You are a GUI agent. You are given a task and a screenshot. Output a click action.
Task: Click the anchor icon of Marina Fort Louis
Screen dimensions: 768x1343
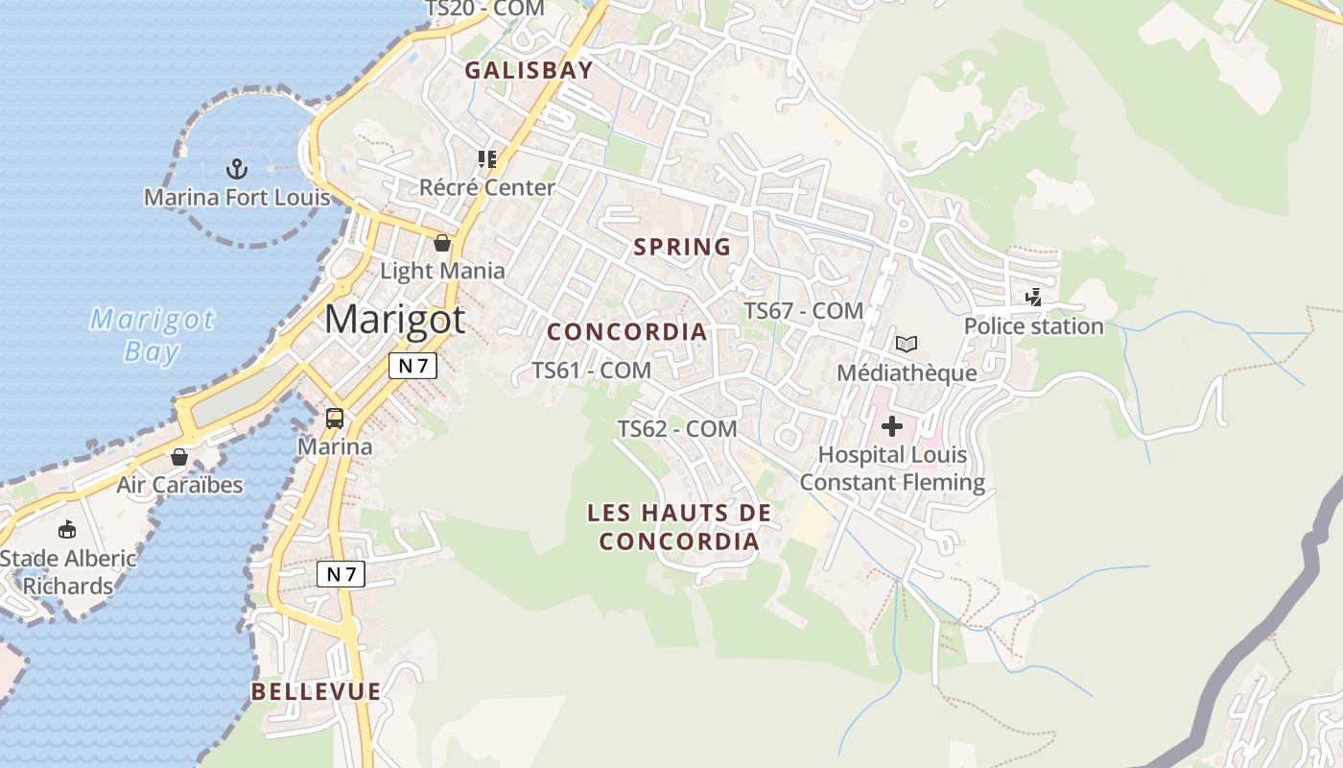[x=236, y=170]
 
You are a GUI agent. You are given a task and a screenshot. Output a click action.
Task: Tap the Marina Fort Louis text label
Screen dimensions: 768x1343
[x=237, y=198]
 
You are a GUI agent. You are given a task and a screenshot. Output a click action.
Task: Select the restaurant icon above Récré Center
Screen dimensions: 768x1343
[x=487, y=159]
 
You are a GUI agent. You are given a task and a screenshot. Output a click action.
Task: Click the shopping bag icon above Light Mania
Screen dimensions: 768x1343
[x=442, y=243]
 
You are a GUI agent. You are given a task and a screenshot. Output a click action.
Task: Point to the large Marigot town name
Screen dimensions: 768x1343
[x=394, y=320]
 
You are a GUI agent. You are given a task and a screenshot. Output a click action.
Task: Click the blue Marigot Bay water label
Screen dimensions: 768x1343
[x=153, y=335]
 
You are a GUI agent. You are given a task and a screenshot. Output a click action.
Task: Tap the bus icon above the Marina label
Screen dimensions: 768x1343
[x=335, y=419]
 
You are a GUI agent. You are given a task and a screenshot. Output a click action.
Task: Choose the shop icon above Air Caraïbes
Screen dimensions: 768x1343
[x=178, y=457]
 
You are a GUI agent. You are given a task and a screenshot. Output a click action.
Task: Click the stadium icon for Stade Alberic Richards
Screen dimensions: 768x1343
[x=67, y=530]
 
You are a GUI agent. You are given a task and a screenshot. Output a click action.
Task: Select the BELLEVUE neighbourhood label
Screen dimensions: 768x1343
[x=317, y=691]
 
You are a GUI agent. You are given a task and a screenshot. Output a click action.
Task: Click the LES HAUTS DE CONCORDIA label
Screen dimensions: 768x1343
[x=679, y=527]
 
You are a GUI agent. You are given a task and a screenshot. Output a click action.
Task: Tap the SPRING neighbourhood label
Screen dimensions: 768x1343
[x=682, y=247]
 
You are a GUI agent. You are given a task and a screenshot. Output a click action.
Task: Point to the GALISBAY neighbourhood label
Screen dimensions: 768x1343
[x=529, y=70]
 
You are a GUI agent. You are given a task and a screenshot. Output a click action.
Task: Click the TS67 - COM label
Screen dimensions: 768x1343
[x=804, y=311]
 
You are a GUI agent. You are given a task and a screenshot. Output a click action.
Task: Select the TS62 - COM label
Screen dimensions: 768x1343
[x=677, y=429]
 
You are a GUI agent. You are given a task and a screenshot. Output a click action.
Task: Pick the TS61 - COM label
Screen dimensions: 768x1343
[x=591, y=370]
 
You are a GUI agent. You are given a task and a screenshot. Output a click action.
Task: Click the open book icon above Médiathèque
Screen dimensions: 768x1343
[x=907, y=344]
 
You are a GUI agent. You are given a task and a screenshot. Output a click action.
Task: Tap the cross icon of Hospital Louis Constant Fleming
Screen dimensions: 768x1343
[x=892, y=425]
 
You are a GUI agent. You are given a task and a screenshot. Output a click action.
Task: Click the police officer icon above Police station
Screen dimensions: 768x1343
[x=1033, y=298]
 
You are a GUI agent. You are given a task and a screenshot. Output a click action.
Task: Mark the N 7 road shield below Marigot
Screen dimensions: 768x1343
[x=412, y=365]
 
